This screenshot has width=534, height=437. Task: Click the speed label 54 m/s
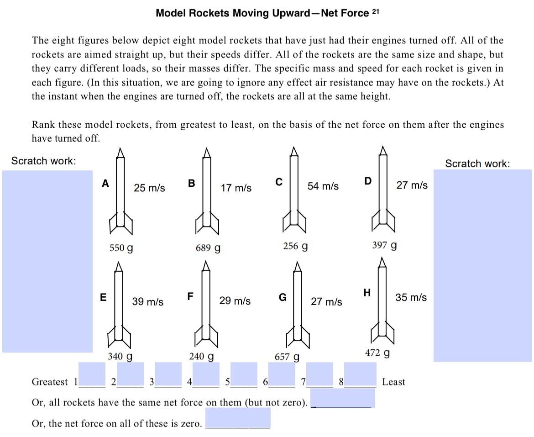pyautogui.click(x=323, y=186)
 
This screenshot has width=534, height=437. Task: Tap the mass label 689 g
pyautogui.click(x=208, y=248)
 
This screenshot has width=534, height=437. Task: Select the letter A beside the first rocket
pyautogui.click(x=105, y=184)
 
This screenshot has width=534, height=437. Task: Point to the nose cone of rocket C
pyautogui.click(x=295, y=151)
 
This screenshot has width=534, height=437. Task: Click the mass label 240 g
pyautogui.click(x=202, y=356)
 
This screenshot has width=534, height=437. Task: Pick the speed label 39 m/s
pyautogui.click(x=148, y=302)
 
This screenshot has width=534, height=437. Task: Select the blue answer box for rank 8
pyautogui.click(x=360, y=374)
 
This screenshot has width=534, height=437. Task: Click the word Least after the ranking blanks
pyautogui.click(x=393, y=382)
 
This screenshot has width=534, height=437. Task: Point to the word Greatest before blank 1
pyautogui.click(x=50, y=382)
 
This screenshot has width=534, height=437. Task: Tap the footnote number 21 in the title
pyautogui.click(x=376, y=11)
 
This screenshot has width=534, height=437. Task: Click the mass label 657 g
pyautogui.click(x=287, y=357)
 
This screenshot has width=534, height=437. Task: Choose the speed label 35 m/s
pyautogui.click(x=411, y=297)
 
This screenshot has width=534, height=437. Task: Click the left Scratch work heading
pyautogui.click(x=43, y=161)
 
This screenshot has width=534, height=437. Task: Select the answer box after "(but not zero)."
pyautogui.click(x=343, y=398)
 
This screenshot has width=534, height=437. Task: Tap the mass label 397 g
pyautogui.click(x=384, y=245)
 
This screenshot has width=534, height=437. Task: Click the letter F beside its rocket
pyautogui.click(x=190, y=296)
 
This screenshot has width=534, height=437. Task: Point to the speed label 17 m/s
pyautogui.click(x=236, y=188)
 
